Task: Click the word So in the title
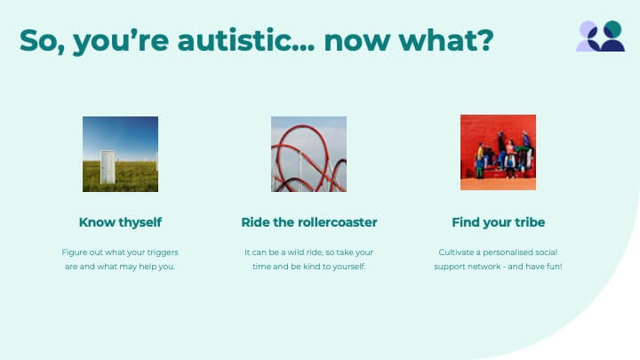[40, 41]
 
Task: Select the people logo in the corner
[600, 36]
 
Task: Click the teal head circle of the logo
[612, 29]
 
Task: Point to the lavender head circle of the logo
[587, 29]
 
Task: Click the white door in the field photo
[108, 167]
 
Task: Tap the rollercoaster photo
[309, 154]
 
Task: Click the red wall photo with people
[498, 152]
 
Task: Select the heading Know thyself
[120, 222]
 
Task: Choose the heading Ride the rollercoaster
[309, 222]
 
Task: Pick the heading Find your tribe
[499, 222]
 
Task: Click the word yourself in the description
[349, 267]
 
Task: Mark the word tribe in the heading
[530, 222]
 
